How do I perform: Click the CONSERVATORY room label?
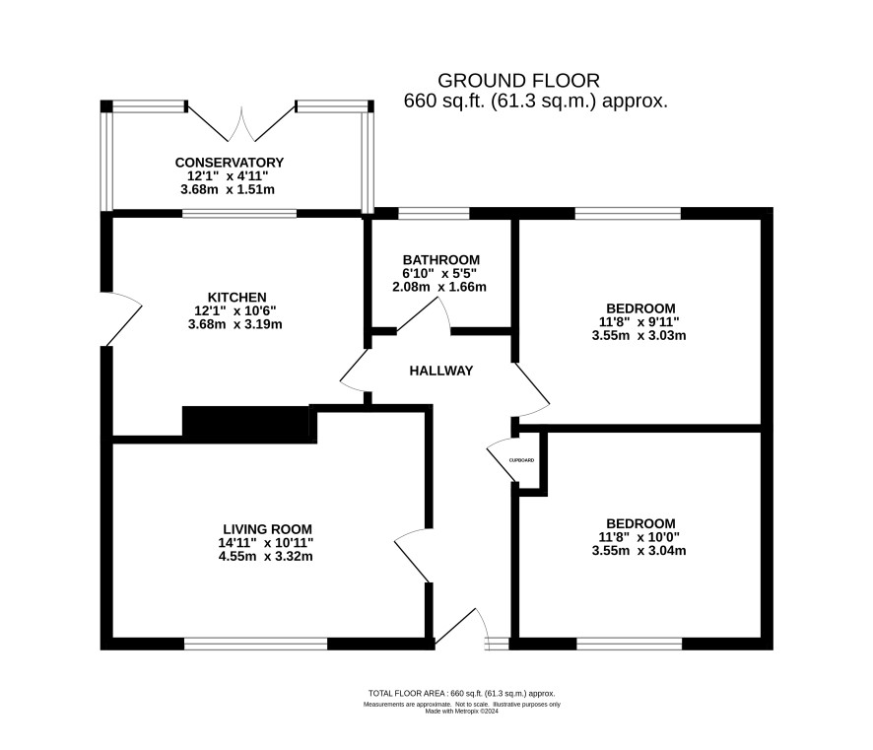(230, 163)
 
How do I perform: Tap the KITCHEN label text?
(237, 298)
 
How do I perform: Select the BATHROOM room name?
(441, 260)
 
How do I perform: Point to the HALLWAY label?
(441, 371)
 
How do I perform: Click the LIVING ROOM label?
(267, 529)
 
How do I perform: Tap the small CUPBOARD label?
(521, 460)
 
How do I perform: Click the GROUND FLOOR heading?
(518, 81)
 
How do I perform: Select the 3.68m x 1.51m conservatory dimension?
(228, 190)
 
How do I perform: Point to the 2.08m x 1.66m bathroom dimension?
(439, 288)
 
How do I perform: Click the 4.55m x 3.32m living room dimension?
(266, 556)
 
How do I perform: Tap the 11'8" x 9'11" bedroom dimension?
(639, 322)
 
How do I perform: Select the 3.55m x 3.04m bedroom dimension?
(638, 551)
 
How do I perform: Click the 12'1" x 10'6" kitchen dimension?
(235, 310)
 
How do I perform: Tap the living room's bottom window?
(255, 644)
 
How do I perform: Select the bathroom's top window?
(434, 213)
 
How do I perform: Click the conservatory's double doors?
(241, 123)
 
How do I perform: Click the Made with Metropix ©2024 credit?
(461, 711)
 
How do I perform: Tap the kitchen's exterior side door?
(121, 318)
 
